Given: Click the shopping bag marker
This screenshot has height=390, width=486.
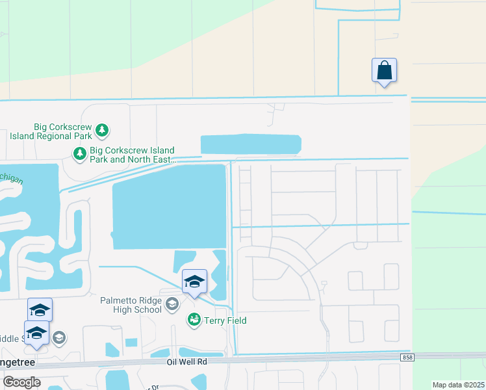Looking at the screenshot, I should tap(384, 70).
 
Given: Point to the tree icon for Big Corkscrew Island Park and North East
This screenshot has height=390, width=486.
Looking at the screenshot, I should tap(79, 154).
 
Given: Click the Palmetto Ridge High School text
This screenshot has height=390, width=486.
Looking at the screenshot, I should tap(131, 305).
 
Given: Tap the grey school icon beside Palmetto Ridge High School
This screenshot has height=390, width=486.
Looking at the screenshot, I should tap(172, 304).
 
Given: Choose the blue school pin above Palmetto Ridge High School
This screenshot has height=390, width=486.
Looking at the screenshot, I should tap(194, 281).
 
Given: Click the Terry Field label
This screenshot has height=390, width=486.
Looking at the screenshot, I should tap(225, 320).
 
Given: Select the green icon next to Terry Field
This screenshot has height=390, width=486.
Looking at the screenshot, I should tap(194, 320).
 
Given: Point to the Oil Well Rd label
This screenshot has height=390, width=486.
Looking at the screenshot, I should tap(186, 362).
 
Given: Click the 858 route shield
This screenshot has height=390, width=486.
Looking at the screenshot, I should tap(407, 357).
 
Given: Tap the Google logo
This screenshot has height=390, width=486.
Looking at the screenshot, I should tap(21, 382).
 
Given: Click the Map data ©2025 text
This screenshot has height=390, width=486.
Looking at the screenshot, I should tap(457, 385).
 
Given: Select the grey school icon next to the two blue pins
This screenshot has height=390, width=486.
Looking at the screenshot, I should tap(58, 337).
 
